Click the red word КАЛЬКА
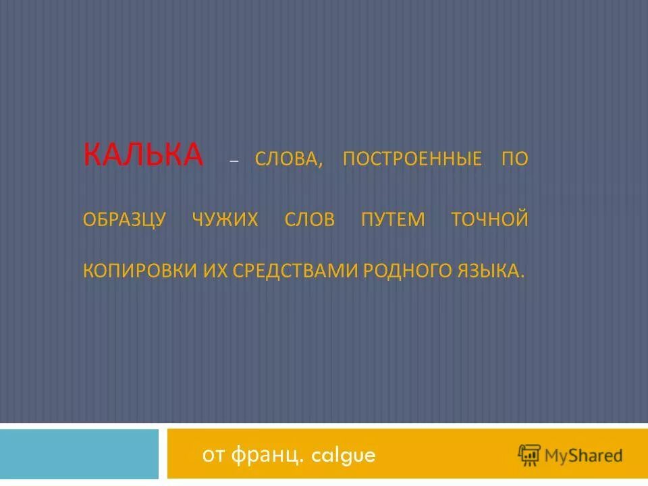click(x=143, y=155)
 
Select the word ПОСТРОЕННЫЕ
click(x=412, y=159)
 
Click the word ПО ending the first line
click(x=514, y=159)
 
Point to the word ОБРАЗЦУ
click(x=124, y=220)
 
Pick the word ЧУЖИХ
click(x=225, y=220)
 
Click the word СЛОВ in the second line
click(x=309, y=220)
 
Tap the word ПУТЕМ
click(x=393, y=220)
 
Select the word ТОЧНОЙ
click(x=489, y=220)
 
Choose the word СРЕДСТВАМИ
click(x=296, y=270)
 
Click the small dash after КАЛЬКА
click(x=234, y=162)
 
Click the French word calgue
click(x=342, y=456)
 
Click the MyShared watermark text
click(x=584, y=456)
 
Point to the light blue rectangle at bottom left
click(x=79, y=454)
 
